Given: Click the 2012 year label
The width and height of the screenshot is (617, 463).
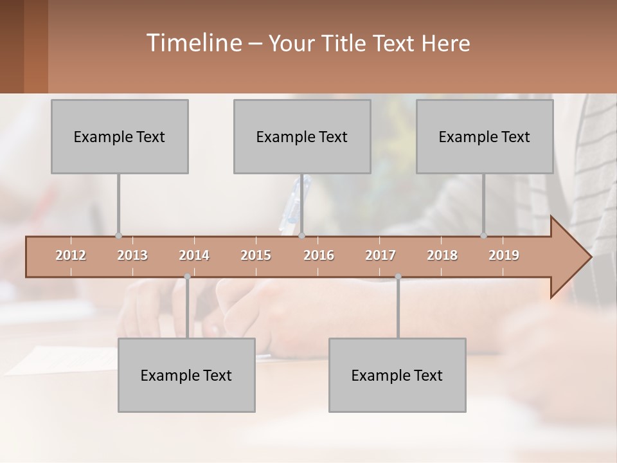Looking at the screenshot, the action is coord(71,255).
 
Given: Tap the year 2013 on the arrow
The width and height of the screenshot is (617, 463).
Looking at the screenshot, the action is coord(132,255).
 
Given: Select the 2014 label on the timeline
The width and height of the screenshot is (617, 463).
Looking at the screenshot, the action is coord(194,255).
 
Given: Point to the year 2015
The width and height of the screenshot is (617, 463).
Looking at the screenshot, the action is coord(256,255).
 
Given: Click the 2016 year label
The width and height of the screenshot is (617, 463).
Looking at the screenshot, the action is coord(319,255).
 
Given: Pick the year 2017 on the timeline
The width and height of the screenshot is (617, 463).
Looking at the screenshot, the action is coord(380,255).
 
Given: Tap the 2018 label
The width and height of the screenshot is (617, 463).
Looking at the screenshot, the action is coord(442,255).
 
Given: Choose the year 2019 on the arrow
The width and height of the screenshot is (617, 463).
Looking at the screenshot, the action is coord(504,255).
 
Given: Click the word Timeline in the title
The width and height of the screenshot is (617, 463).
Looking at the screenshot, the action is coord(193,43).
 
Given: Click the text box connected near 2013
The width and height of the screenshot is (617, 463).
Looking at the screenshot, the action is coord(120,136).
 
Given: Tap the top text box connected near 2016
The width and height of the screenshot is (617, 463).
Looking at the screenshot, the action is coord(302,136).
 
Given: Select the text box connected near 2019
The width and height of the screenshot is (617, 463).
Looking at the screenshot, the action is coord(485,136).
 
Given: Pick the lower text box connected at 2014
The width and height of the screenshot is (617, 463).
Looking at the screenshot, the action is coord(186,375).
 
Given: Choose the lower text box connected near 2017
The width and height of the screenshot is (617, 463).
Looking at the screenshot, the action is coord(397,375).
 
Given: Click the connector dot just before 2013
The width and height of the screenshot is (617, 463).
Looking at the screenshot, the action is coord(118,236).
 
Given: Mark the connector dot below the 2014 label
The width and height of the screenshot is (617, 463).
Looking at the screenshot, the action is coord(187,277).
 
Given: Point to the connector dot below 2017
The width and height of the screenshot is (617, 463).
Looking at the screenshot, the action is coord(398,277).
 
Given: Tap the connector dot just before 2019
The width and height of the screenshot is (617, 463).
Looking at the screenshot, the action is coord(483,236).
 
